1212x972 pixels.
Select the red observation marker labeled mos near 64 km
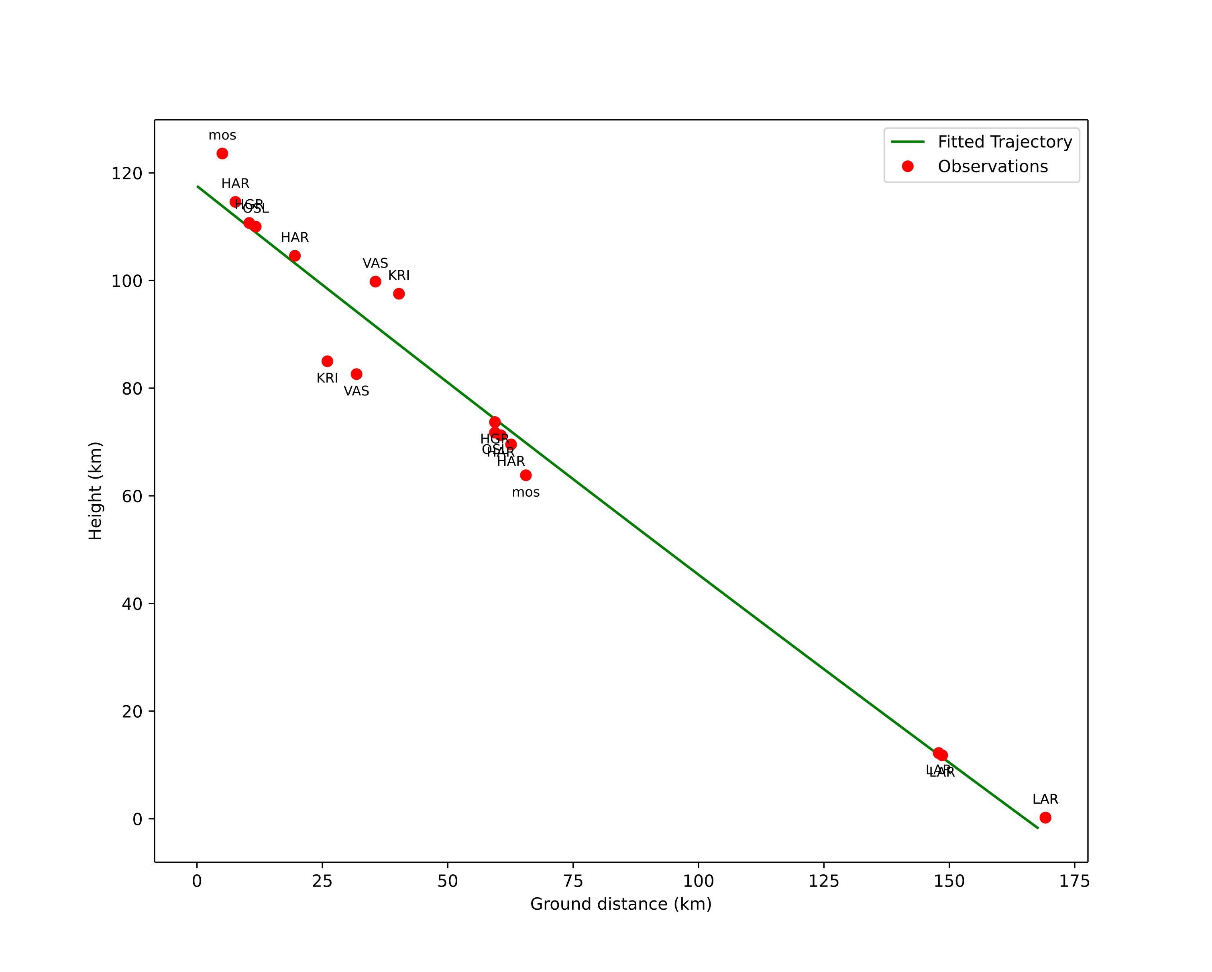(526, 475)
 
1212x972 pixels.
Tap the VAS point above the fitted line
(375, 282)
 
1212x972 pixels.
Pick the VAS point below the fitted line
(356, 374)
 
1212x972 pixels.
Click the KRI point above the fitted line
(399, 294)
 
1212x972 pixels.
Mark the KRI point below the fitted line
(327, 361)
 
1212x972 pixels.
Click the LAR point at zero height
(1045, 817)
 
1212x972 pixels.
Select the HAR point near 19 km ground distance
(295, 256)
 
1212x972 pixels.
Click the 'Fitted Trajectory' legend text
(1004, 142)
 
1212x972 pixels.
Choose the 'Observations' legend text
(992, 166)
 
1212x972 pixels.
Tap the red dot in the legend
(907, 166)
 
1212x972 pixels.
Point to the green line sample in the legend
(907, 142)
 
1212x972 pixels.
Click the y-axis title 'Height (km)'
(96, 491)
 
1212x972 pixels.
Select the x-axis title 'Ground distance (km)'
(621, 904)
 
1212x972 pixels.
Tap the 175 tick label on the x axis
(1074, 881)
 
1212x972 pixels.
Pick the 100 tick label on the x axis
(698, 881)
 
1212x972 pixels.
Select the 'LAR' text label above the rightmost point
(1045, 799)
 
